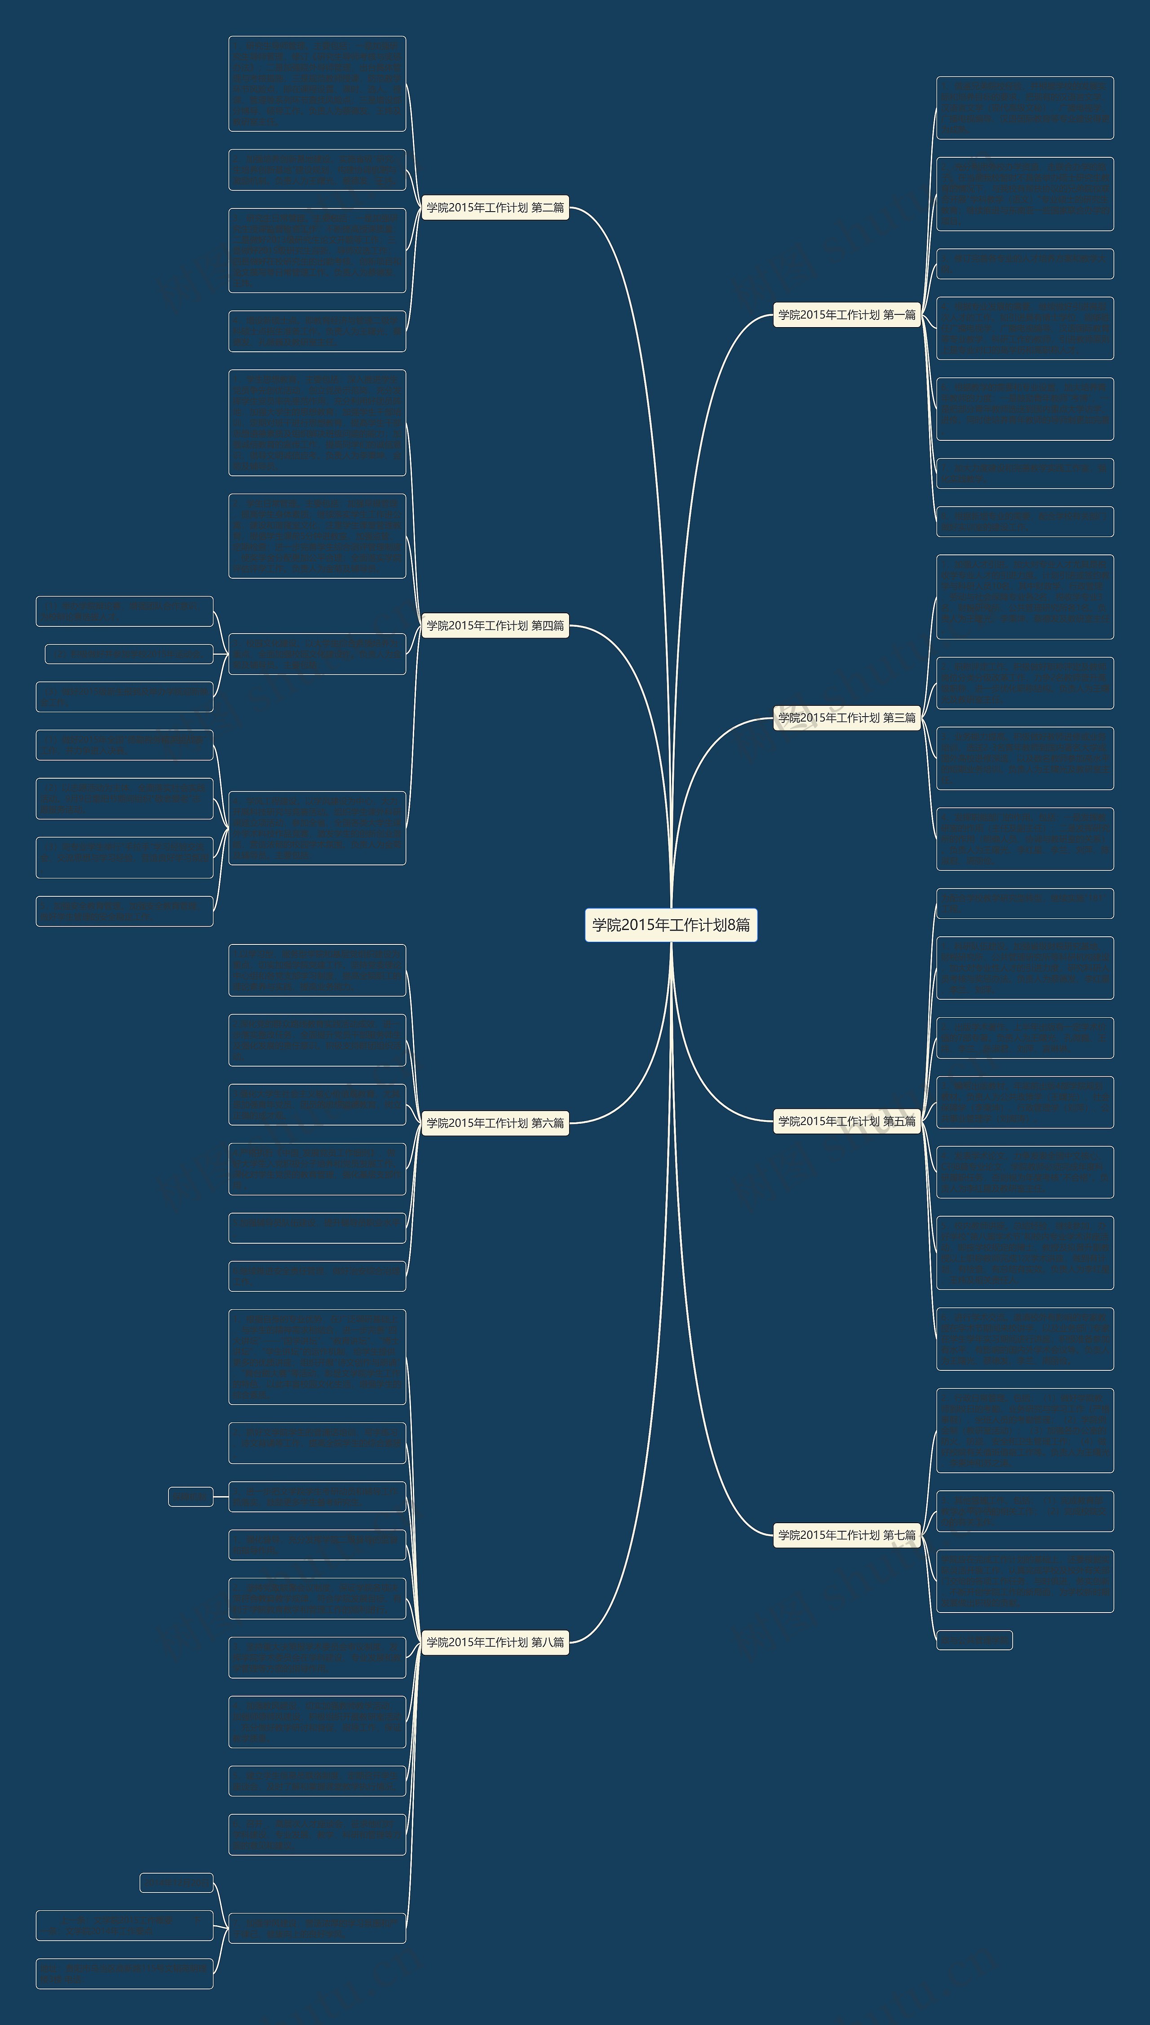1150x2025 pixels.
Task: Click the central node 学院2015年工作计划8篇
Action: (671, 924)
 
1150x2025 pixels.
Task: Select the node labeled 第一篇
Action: (847, 315)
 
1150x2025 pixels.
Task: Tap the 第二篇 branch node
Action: (495, 208)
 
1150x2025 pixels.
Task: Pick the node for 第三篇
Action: (847, 717)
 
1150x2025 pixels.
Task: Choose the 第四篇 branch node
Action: (495, 625)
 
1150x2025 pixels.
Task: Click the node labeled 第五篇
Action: (847, 1121)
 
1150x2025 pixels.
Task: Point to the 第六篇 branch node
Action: (495, 1122)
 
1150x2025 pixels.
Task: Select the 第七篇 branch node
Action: (847, 1534)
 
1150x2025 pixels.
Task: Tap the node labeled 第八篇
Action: (495, 1642)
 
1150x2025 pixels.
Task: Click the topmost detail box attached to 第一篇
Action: (1024, 107)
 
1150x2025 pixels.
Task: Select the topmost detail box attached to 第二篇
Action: (317, 83)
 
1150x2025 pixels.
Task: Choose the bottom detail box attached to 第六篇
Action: (317, 1276)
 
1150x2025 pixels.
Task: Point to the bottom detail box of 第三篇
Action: (1024, 839)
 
